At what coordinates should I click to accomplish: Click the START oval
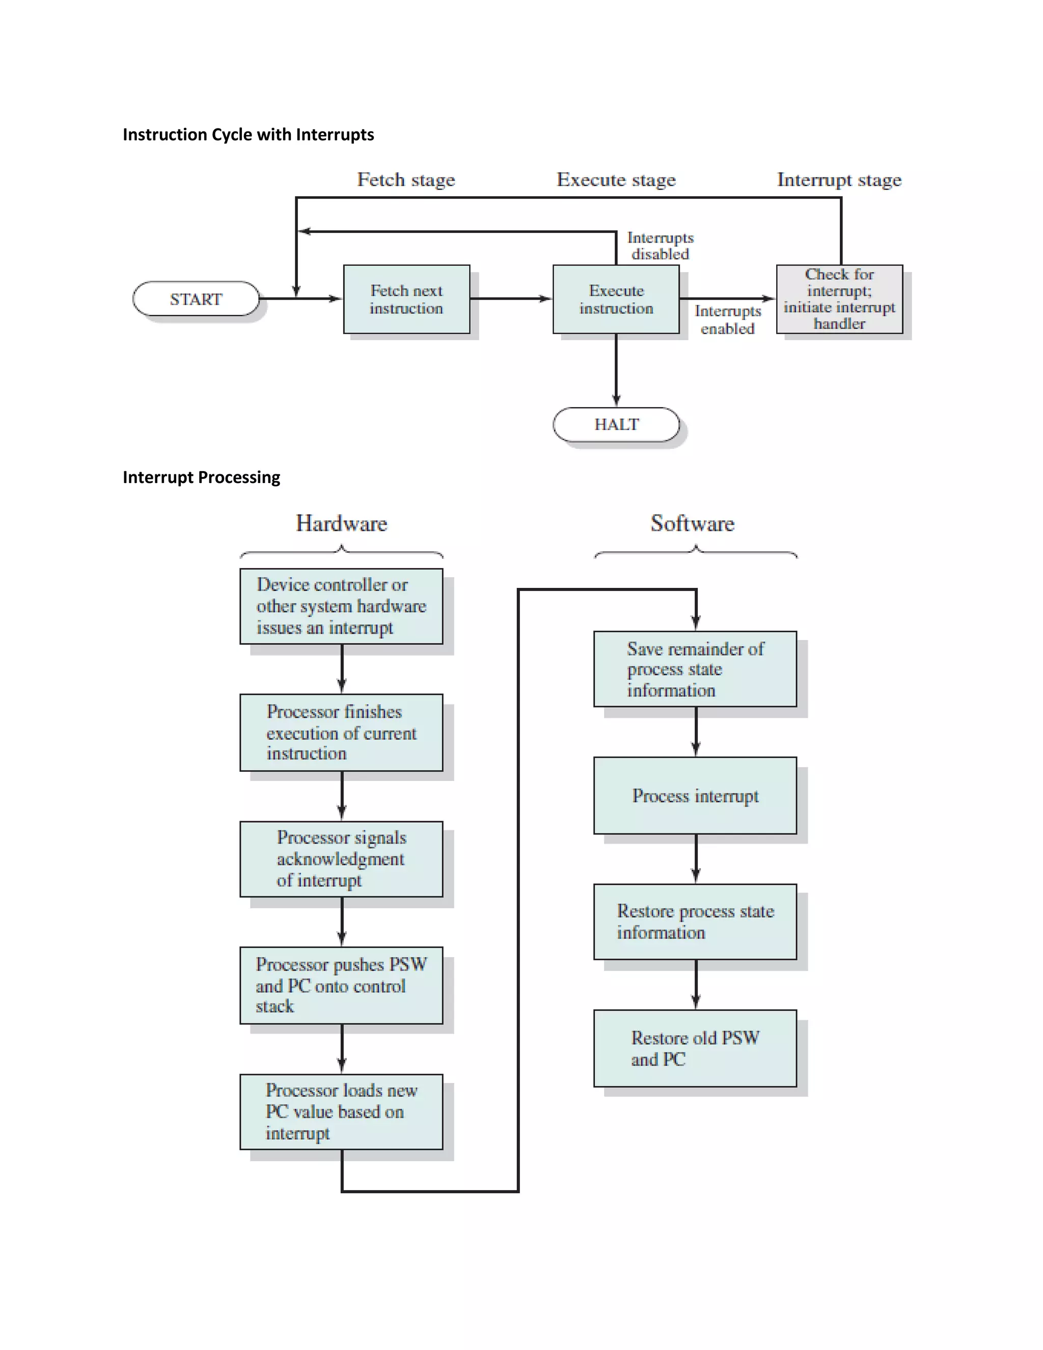(x=196, y=299)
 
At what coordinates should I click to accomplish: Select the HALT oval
(x=616, y=425)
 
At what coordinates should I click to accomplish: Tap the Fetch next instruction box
(x=406, y=299)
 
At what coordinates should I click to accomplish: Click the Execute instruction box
(x=616, y=299)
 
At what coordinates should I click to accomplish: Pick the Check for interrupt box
(x=839, y=299)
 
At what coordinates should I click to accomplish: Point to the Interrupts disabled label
(x=660, y=246)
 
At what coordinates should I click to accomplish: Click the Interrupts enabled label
(x=727, y=319)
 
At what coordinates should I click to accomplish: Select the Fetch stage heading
(x=406, y=180)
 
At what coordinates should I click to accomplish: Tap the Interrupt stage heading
(x=839, y=180)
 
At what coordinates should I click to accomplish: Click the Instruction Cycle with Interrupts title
(x=249, y=135)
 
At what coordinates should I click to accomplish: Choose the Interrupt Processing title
(x=202, y=477)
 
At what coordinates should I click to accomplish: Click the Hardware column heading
(x=341, y=524)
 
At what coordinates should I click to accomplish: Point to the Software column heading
(x=693, y=524)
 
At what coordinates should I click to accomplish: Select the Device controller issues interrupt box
(x=341, y=606)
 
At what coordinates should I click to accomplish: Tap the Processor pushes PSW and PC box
(x=341, y=985)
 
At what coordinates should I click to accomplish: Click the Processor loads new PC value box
(x=341, y=1112)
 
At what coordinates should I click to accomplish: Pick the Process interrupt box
(x=695, y=796)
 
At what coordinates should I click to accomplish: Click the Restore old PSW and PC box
(x=695, y=1048)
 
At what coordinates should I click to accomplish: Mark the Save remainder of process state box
(x=695, y=669)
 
